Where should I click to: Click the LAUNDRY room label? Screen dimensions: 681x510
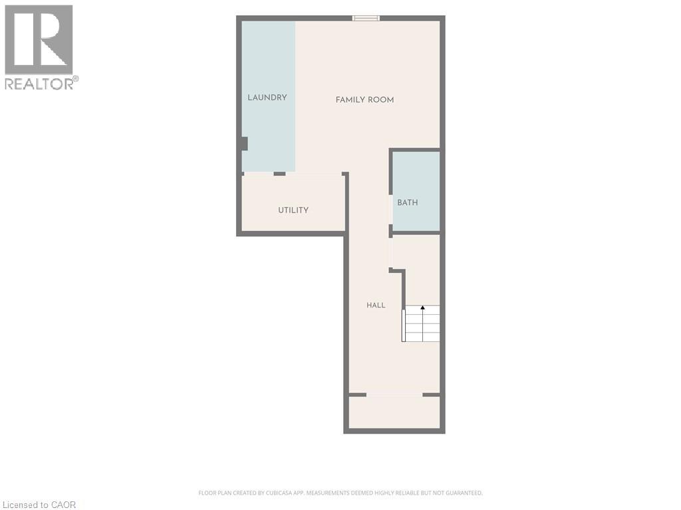267,98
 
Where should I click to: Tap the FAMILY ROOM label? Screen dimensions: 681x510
365,100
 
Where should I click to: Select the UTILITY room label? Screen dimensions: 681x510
293,210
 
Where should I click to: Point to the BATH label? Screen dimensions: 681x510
408,203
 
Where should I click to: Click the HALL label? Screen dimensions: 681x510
376,305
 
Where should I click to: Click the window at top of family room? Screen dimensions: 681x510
366,18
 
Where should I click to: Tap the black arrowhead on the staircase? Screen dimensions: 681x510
422,307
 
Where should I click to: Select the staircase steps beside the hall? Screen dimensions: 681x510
421,323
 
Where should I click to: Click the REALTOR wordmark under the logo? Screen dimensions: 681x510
39,84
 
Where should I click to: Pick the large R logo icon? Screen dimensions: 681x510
39,39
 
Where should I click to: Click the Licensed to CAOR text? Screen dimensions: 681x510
39,505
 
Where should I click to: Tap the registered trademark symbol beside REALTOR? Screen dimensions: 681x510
76,79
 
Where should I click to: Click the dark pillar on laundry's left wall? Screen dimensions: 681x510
244,144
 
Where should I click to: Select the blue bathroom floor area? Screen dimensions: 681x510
416,191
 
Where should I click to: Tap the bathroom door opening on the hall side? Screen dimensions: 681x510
391,210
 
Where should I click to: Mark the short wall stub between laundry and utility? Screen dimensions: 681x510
280,174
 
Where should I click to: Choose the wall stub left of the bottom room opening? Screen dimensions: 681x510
358,394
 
